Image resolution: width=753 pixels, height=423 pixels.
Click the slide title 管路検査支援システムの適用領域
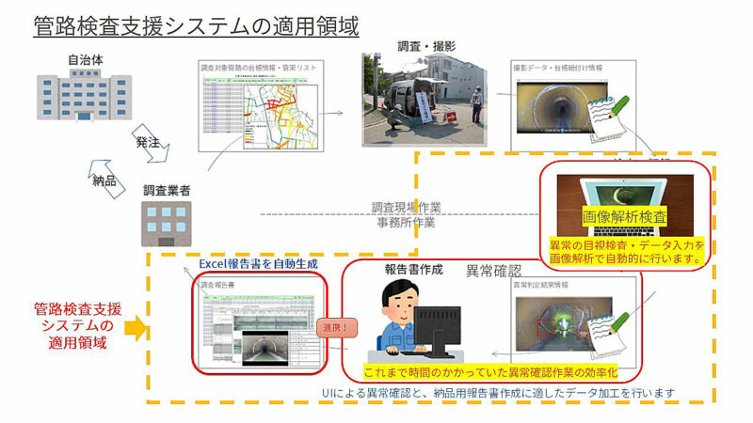pyautogui.click(x=195, y=25)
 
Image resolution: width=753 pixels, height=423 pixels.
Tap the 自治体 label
pyautogui.click(x=81, y=62)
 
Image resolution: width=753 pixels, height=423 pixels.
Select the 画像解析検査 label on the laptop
pyautogui.click(x=626, y=215)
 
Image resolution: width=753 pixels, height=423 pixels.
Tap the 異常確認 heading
pyautogui.click(x=493, y=271)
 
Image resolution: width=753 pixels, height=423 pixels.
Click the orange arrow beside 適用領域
pyautogui.click(x=136, y=329)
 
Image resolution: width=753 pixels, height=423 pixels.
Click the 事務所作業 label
pyautogui.click(x=406, y=223)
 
